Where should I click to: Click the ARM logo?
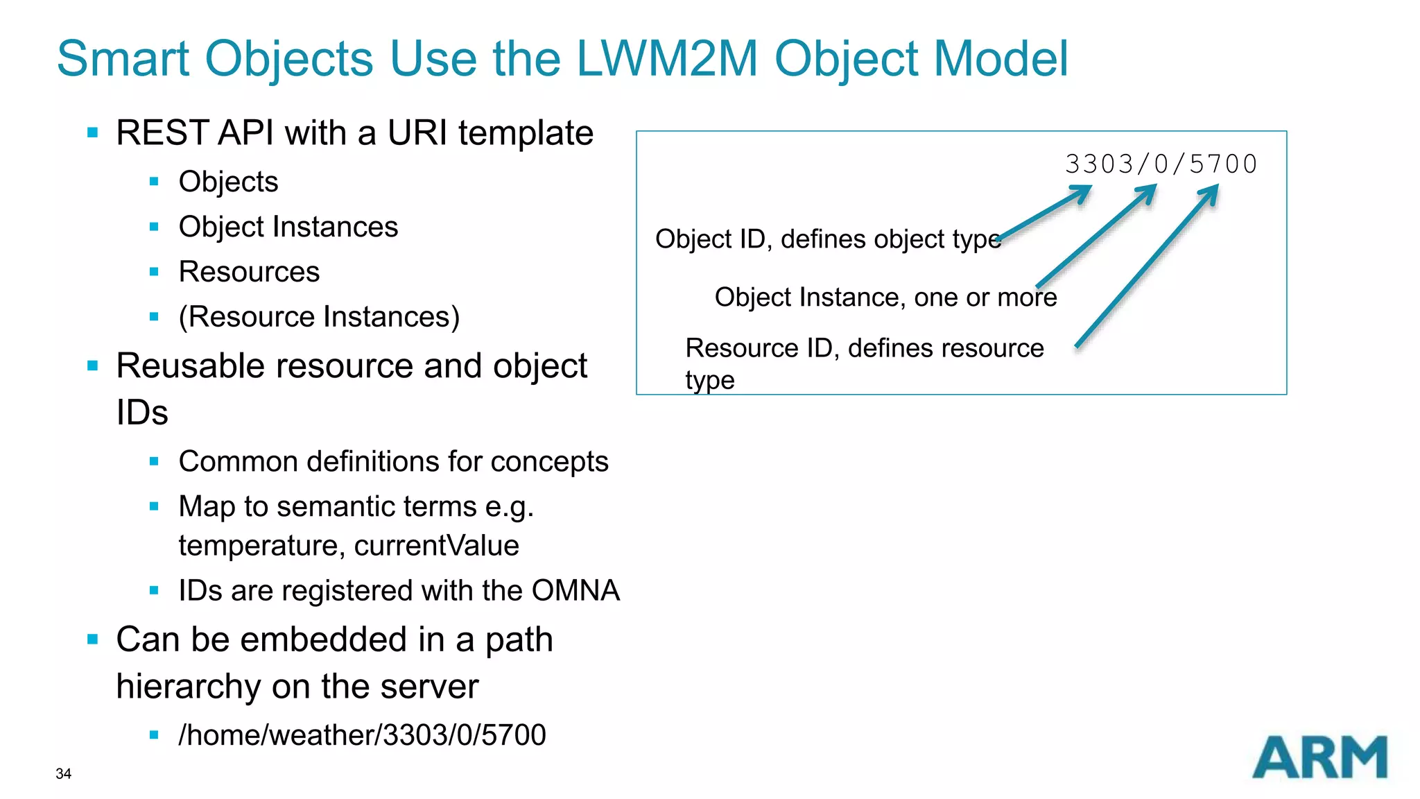[x=1319, y=757]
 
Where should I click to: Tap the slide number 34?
[x=63, y=774]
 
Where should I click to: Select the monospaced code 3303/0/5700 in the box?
[x=1161, y=164]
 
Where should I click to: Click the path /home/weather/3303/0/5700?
[x=362, y=735]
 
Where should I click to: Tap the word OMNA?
[x=575, y=591]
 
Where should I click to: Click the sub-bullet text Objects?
[x=228, y=182]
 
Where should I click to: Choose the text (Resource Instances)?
[x=319, y=317]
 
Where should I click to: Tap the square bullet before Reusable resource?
[x=93, y=366]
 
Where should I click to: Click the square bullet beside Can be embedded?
[x=93, y=639]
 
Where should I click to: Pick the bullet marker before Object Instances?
[x=154, y=227]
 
